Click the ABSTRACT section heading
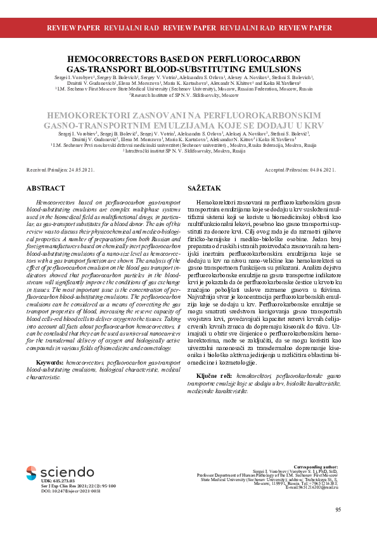point(46,189)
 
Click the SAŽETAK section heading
point(204,189)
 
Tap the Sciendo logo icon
point(31,472)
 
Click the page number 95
point(338,510)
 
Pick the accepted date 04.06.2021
point(321,170)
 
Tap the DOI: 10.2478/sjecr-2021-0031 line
point(70,491)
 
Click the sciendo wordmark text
point(67,472)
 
